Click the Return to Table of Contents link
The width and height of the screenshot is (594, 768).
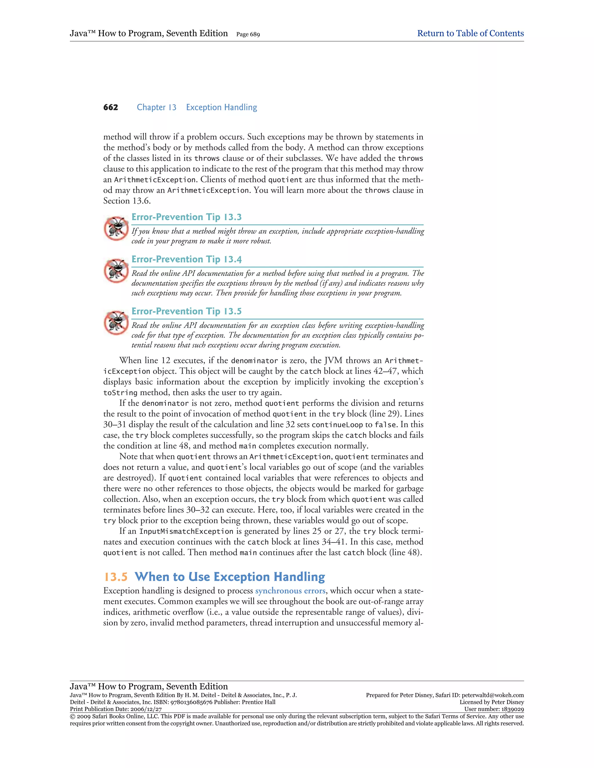tap(470, 33)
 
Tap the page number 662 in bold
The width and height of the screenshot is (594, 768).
tap(111, 107)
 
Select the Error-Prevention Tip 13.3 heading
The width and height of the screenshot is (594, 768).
tap(186, 217)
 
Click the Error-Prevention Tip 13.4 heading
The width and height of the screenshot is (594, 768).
tap(186, 259)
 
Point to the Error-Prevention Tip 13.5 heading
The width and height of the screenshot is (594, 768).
tap(186, 311)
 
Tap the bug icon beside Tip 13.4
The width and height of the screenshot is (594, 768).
tap(116, 271)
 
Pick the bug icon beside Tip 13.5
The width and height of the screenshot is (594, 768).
tap(116, 323)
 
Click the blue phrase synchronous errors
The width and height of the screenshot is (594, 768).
tap(290, 591)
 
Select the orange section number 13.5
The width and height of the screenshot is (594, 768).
tap(115, 577)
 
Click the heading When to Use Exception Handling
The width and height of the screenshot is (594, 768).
tap(230, 577)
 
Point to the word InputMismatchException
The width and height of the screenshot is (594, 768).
tap(186, 531)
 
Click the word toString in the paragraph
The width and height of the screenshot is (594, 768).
tap(120, 393)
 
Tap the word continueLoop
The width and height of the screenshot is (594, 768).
tap(337, 425)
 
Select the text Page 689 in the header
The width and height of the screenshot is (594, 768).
tap(248, 34)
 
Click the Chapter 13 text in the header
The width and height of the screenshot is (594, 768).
tap(157, 107)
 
